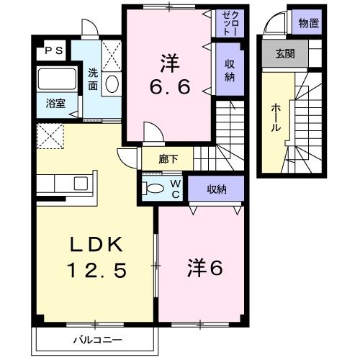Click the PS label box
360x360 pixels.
[53, 50]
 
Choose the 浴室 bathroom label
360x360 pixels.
[55, 103]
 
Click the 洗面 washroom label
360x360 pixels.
[94, 78]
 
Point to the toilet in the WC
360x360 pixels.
[155, 189]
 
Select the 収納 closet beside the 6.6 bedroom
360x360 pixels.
[230, 70]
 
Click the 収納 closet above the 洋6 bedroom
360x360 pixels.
[216, 190]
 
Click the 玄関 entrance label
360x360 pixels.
[284, 54]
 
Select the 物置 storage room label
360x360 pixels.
[307, 23]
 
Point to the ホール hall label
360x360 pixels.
[276, 118]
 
